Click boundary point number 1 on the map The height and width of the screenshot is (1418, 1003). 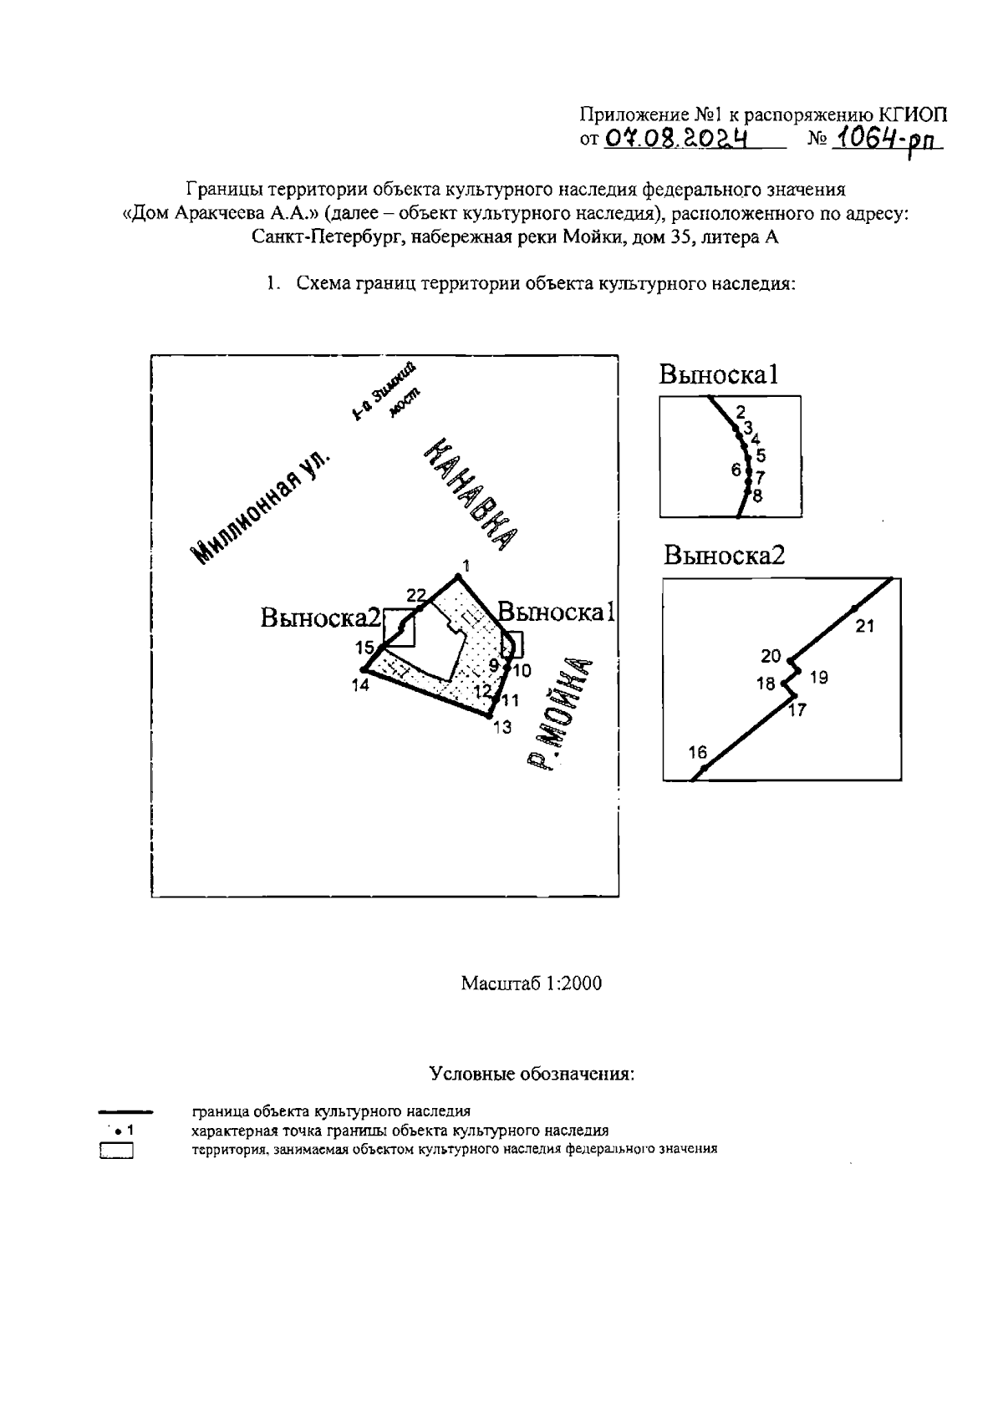click(x=458, y=577)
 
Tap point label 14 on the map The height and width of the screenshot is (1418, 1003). click(x=360, y=685)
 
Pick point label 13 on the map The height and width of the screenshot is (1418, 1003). click(x=501, y=728)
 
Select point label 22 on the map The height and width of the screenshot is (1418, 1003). click(x=415, y=595)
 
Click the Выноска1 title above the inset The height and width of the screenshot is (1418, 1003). click(x=718, y=374)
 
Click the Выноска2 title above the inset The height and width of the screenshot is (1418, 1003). click(x=725, y=556)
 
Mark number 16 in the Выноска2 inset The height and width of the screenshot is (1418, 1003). click(x=697, y=753)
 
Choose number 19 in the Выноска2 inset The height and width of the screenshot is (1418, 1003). click(x=819, y=678)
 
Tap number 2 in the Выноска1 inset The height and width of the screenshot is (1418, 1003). click(x=740, y=411)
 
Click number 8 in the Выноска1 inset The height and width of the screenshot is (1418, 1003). click(x=757, y=496)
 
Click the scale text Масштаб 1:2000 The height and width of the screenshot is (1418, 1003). click(x=531, y=983)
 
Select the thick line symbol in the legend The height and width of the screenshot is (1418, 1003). click(x=125, y=1112)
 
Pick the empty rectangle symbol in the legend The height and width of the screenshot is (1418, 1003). click(x=117, y=1151)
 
